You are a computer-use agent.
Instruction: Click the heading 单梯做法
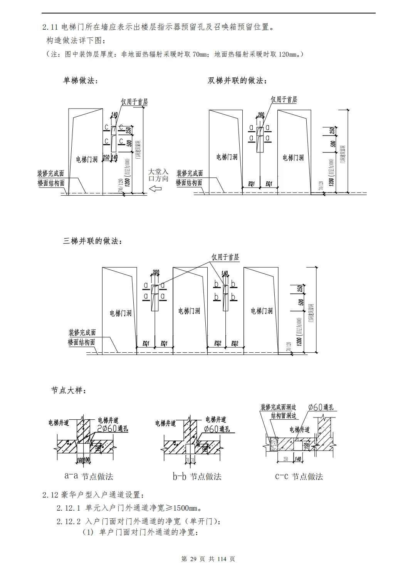coord(80,80)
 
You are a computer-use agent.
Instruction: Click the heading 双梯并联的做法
coord(237,80)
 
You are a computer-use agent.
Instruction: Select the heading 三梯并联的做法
coord(93,241)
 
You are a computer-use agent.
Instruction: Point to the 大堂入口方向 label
coord(159,175)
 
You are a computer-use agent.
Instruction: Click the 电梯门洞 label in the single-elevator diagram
coord(87,159)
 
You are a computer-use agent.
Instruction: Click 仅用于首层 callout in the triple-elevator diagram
coord(225,257)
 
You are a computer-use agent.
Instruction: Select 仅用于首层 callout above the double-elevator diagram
coord(284,99)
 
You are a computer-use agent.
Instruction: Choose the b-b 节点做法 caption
coord(197,476)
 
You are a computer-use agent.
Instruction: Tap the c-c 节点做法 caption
coord(299,476)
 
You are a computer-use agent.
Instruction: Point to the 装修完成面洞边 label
coord(278,407)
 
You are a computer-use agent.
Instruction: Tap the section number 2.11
coord(50,27)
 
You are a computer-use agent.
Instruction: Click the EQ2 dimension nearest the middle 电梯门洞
coord(217,343)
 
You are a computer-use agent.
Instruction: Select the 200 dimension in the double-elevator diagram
coord(261,114)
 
